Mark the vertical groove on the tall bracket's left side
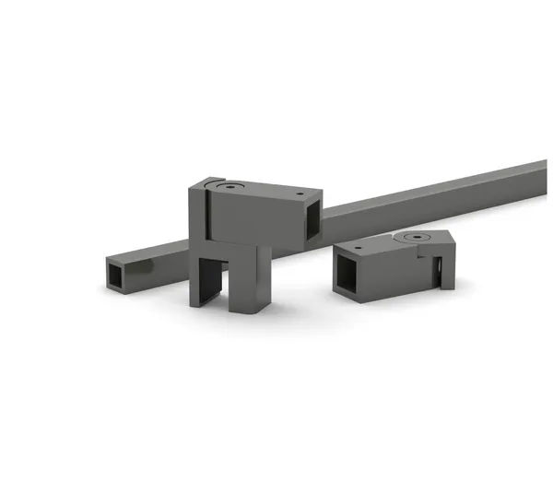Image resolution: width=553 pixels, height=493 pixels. click(205, 221)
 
